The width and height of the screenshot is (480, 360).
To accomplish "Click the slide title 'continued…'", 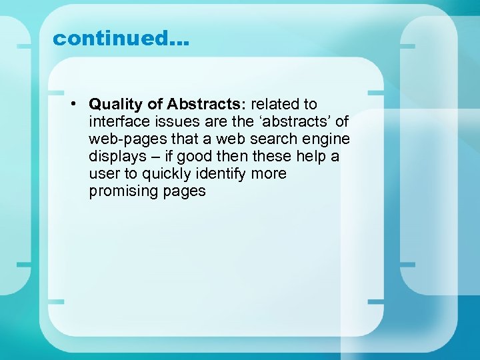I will click(121, 39).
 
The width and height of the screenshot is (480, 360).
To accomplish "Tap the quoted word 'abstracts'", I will click(297, 122).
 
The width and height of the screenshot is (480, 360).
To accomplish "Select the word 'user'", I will click(103, 174).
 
